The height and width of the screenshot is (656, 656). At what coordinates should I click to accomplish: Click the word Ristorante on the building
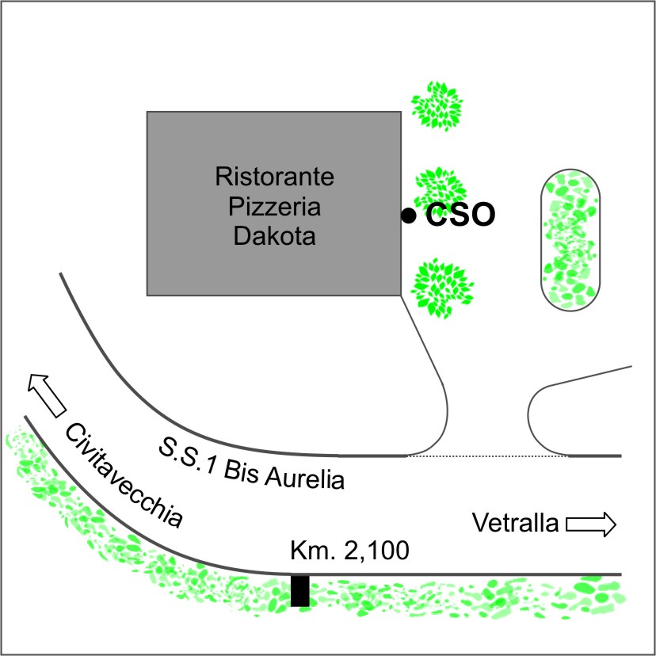click(x=274, y=176)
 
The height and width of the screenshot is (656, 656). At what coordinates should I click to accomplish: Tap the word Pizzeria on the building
click(x=274, y=206)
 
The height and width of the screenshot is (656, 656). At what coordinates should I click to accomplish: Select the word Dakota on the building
click(x=274, y=235)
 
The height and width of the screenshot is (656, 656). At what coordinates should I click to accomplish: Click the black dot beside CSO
click(x=408, y=215)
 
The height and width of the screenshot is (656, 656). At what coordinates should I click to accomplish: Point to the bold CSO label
click(x=460, y=215)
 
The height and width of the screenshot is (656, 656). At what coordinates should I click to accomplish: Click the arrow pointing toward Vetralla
click(x=591, y=524)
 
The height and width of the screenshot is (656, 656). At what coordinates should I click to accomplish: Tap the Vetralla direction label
click(x=516, y=523)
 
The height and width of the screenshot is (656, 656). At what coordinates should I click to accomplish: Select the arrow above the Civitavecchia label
click(x=47, y=395)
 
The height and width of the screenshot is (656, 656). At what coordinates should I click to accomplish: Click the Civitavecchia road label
click(x=124, y=475)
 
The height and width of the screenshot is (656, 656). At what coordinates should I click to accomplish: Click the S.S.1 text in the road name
click(x=188, y=456)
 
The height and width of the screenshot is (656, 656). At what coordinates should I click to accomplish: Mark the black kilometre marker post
click(x=300, y=591)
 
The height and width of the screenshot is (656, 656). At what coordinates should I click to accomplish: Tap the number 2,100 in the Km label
click(x=376, y=550)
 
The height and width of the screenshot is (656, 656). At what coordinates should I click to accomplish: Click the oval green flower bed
click(x=570, y=240)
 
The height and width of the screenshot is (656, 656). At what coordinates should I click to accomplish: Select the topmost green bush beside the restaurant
click(x=437, y=106)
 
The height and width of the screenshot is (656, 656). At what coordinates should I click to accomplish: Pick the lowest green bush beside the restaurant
click(x=442, y=288)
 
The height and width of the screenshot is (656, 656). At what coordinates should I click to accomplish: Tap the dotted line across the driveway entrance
click(x=487, y=456)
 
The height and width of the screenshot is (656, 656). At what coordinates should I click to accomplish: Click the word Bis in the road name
click(x=240, y=470)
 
